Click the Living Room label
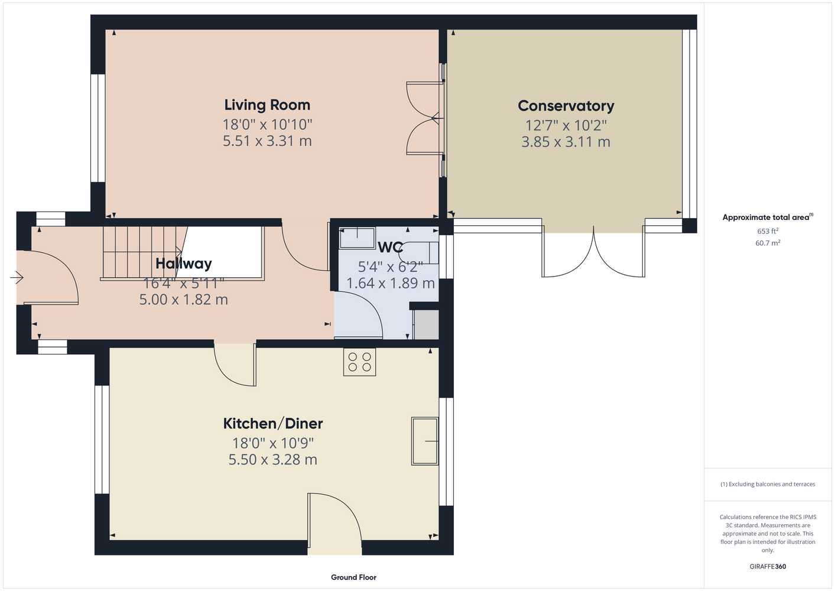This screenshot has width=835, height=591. (267, 105)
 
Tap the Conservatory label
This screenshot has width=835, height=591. (566, 106)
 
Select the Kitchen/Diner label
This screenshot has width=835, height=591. (273, 424)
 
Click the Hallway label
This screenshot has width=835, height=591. (183, 264)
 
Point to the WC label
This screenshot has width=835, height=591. (390, 247)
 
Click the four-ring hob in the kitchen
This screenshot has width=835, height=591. (359, 362)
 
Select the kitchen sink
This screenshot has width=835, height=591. (424, 441)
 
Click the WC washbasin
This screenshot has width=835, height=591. (357, 238)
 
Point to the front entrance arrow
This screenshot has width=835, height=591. (17, 277)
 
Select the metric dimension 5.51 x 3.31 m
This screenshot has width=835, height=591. (267, 141)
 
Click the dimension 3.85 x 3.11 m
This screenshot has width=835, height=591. (566, 142)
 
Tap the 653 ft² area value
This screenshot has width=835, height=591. (768, 231)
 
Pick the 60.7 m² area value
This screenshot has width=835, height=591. (768, 243)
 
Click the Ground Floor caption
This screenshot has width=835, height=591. (353, 577)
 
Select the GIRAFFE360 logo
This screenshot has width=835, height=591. (768, 566)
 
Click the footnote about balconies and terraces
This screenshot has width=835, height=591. (768, 484)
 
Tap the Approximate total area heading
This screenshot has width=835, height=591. (768, 217)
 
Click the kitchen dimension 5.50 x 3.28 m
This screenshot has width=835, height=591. (273, 460)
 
